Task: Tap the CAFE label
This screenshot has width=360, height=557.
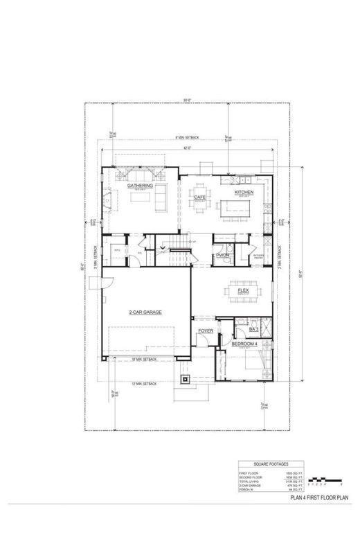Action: tap(201, 197)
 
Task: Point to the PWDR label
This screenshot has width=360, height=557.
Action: tap(222, 256)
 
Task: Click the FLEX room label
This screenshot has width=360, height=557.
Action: tap(243, 291)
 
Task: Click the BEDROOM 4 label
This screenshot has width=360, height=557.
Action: tap(245, 344)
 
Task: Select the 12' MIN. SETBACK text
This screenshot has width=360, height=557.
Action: tap(144, 383)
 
